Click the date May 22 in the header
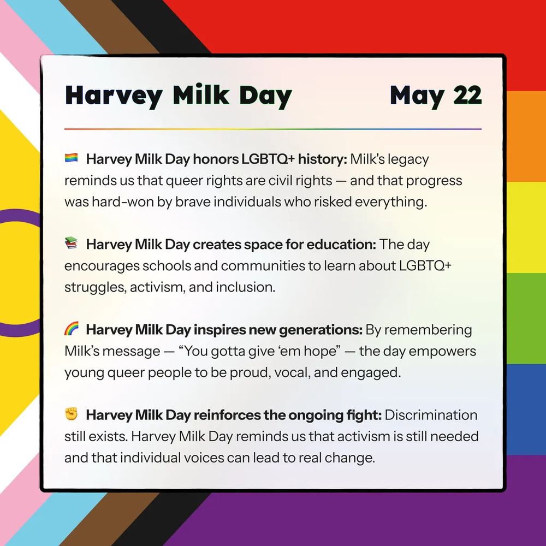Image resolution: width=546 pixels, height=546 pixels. tap(436, 96)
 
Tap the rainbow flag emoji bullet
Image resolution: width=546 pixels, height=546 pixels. tap(72, 158)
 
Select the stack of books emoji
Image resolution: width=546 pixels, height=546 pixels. tap(72, 244)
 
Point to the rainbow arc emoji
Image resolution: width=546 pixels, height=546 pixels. tap(72, 329)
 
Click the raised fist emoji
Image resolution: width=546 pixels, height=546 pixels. tap(72, 414)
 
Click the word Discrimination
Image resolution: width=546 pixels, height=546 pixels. tap(431, 415)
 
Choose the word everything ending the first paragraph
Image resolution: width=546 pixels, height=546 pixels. tap(390, 202)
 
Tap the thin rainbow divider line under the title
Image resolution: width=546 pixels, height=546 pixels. tap(273, 129)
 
